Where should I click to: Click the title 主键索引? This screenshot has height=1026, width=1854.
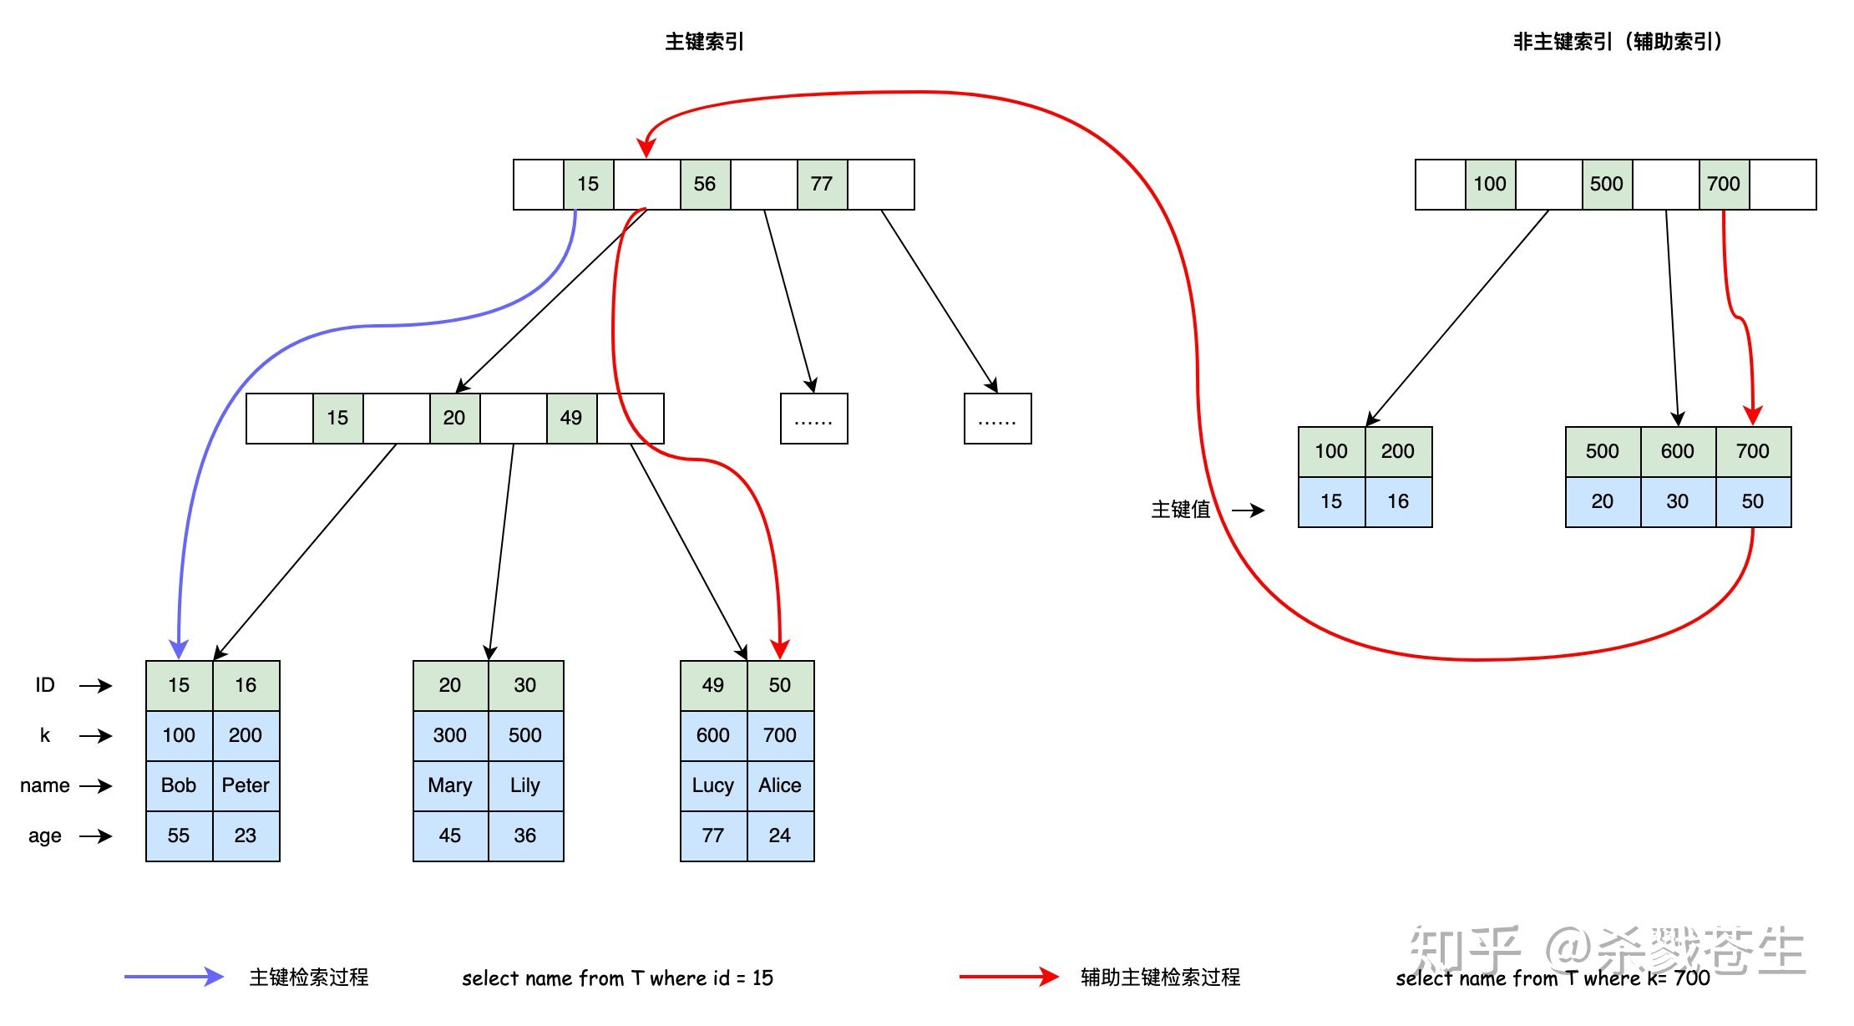click(704, 42)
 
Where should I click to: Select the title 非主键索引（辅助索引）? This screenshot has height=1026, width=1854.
click(1617, 42)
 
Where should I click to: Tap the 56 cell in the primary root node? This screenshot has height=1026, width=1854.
click(705, 184)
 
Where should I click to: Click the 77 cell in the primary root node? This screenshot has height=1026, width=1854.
click(822, 184)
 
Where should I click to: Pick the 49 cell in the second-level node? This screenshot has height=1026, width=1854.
click(571, 418)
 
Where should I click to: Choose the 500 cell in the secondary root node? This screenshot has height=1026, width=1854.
click(1607, 184)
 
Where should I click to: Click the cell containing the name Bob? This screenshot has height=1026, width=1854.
click(179, 785)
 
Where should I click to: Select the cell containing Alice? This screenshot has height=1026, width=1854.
click(780, 785)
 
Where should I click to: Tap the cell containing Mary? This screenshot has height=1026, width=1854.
click(450, 785)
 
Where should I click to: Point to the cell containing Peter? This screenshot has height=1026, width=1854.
click(246, 785)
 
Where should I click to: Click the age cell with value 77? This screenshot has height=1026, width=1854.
click(713, 836)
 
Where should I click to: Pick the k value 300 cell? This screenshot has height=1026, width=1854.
click(450, 735)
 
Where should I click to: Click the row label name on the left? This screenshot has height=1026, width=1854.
click(45, 785)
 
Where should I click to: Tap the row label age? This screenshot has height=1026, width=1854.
click(45, 836)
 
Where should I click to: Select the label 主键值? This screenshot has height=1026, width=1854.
click(1180, 510)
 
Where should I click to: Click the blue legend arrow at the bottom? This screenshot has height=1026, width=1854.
click(174, 977)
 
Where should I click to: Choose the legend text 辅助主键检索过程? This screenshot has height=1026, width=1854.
click(1160, 977)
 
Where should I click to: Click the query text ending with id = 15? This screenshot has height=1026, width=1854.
click(617, 978)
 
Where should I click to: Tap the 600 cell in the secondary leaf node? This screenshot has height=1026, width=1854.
click(1678, 451)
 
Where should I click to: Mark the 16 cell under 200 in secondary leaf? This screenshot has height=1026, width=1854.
click(1398, 501)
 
